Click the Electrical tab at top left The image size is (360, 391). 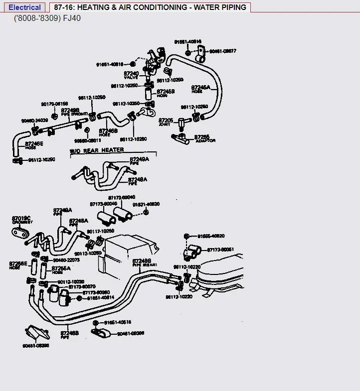coord(25,7)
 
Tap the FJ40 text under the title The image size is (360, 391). coord(71,18)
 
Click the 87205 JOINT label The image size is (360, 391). coord(166,122)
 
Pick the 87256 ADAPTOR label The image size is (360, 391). coord(203,138)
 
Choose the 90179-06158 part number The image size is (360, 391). coord(54,104)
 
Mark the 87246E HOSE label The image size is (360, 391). coord(34,145)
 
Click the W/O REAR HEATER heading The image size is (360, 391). coord(97,150)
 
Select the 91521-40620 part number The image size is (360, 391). coord(146,204)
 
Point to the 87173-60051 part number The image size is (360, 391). coord(221,249)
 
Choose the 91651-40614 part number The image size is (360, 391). coord(101,298)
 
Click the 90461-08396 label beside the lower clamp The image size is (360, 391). coord(131,333)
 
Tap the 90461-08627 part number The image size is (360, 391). coord(223,51)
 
